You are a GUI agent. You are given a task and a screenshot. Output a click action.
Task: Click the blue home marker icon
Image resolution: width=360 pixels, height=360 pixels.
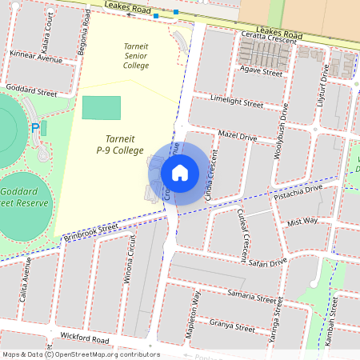(180, 172)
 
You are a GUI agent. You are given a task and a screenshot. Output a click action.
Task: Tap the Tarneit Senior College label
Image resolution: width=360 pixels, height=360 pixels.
(136, 56)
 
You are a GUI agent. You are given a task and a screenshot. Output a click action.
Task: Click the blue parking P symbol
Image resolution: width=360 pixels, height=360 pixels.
(35, 128)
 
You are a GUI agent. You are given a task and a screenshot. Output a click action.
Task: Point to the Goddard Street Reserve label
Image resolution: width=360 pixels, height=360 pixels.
(24, 198)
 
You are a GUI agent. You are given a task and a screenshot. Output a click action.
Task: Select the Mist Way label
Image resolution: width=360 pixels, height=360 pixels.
(302, 221)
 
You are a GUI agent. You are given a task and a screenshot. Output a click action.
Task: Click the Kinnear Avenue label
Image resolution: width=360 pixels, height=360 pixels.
(36, 58)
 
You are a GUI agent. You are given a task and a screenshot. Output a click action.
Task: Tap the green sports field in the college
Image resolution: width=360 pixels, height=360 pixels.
(102, 107)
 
